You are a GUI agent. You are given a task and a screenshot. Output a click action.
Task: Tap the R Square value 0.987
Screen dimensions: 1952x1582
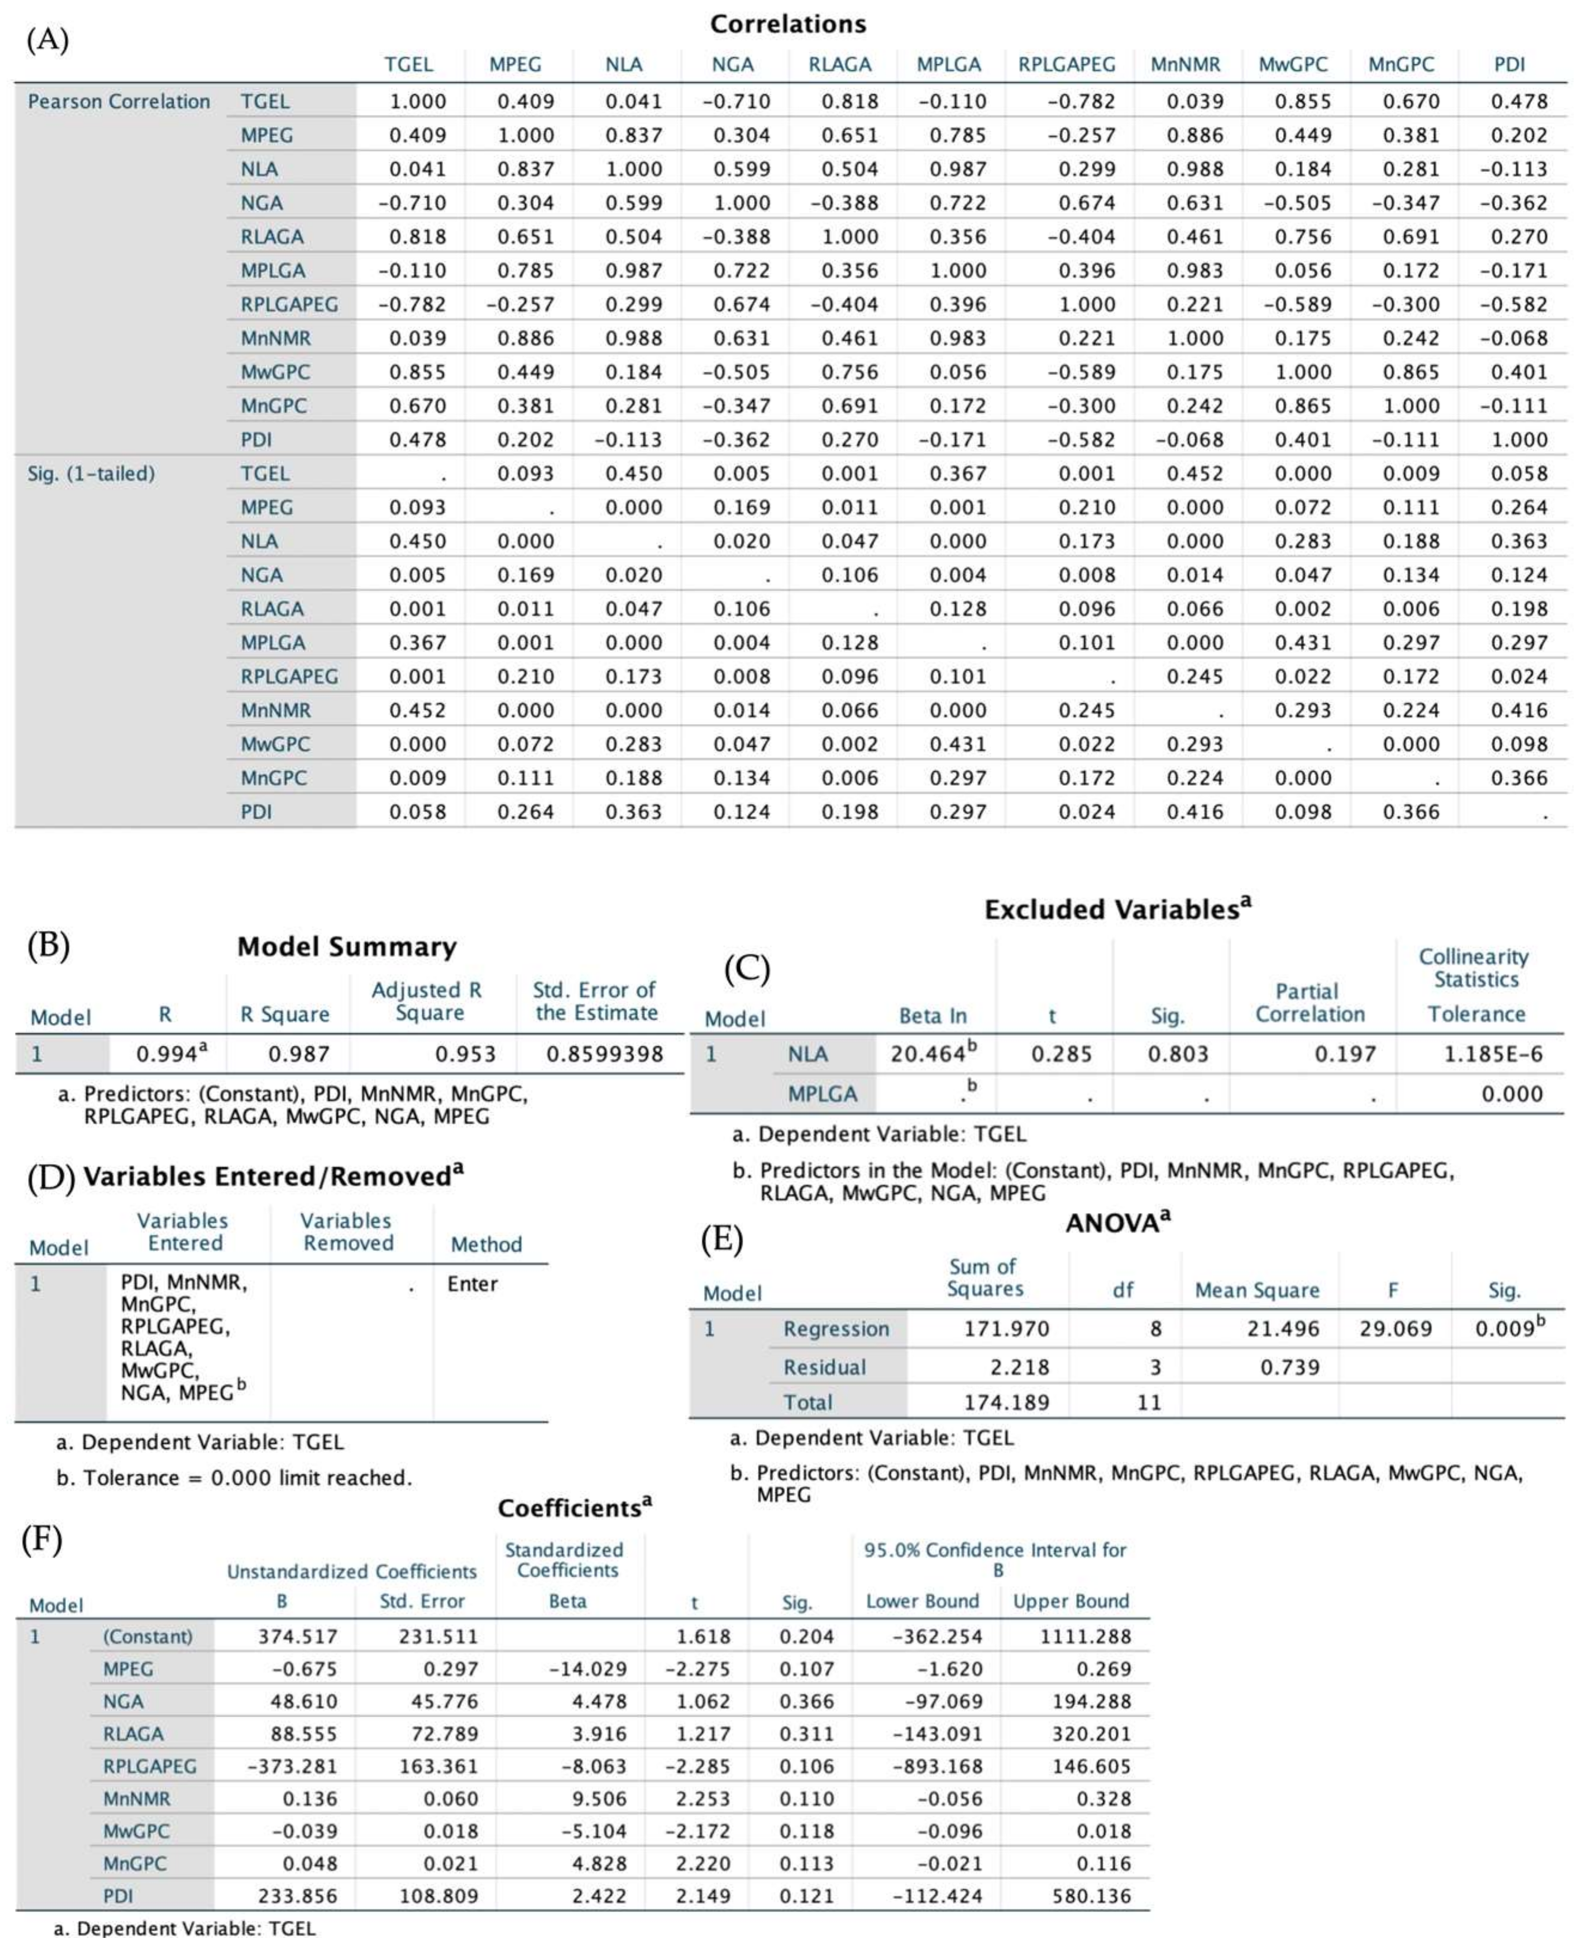pos(298,1054)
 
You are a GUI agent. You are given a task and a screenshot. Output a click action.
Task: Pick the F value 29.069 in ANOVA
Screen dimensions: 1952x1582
pos(1394,1329)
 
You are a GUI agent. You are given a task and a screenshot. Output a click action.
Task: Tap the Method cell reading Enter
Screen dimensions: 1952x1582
pos(472,1284)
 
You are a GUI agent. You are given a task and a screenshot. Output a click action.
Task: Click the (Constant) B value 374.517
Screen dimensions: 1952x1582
pos(298,1637)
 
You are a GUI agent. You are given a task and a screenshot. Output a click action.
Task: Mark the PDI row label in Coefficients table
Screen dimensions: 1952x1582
pos(118,1897)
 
